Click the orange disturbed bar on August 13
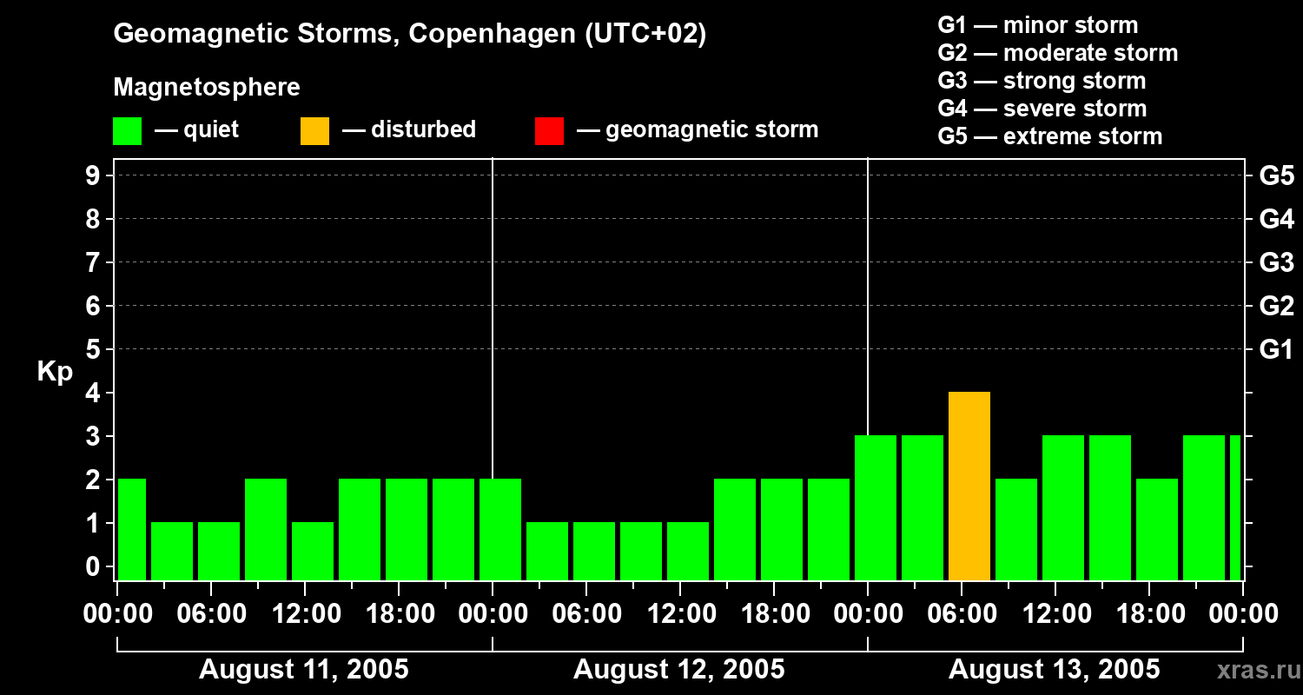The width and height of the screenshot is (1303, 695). point(969,486)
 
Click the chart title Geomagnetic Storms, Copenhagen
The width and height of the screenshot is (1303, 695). point(409,34)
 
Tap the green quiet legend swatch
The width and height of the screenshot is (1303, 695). point(128,131)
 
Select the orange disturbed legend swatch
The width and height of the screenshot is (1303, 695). point(315,131)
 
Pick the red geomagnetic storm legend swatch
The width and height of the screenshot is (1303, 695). point(550,131)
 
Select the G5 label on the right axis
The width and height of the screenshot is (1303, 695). point(1276,176)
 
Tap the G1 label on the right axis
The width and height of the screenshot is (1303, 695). point(1276,350)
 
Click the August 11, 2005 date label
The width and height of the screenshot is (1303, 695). point(304,670)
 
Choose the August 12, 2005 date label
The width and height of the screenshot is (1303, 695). point(679,670)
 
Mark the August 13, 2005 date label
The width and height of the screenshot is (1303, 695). point(1054,670)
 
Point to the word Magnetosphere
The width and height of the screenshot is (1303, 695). point(207,88)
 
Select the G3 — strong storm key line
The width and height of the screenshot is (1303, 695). point(1042,81)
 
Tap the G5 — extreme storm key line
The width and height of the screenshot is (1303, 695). point(1049,136)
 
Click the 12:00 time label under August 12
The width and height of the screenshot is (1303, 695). point(680,614)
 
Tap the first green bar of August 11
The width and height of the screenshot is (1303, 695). point(132,529)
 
